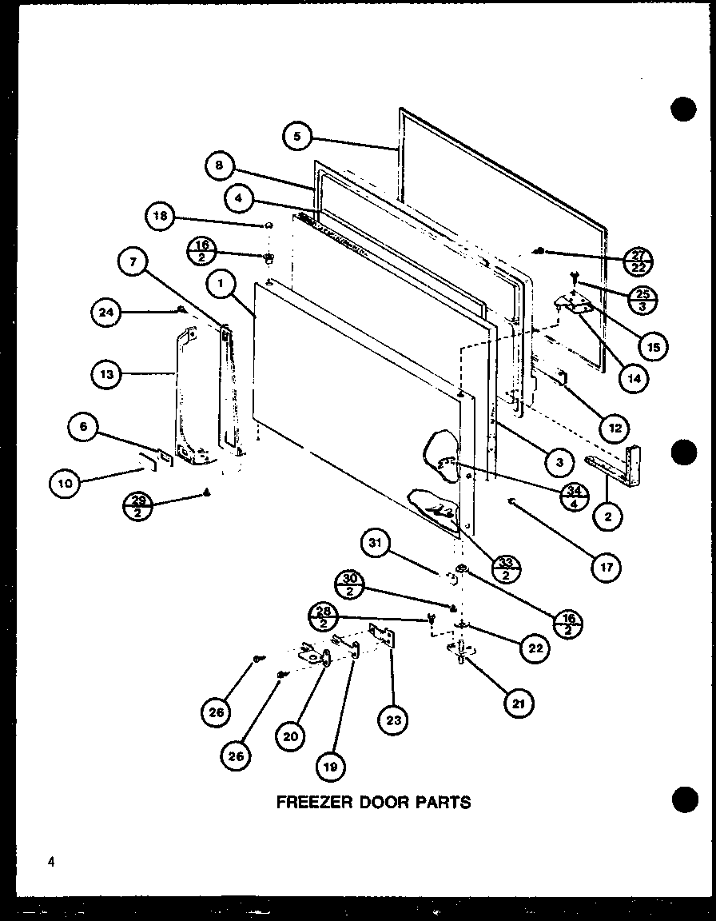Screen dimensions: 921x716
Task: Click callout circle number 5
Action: click(x=297, y=136)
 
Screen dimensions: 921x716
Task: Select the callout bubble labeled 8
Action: click(x=219, y=166)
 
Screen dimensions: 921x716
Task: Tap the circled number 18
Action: click(x=161, y=215)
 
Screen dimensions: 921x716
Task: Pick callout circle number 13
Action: click(x=107, y=373)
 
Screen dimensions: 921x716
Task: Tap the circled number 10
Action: click(x=66, y=482)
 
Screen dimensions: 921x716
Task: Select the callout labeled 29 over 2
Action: click(x=137, y=507)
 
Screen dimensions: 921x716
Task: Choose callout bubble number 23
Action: click(x=393, y=720)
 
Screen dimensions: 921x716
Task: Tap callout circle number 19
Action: click(x=330, y=765)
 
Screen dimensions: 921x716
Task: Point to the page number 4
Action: click(x=50, y=861)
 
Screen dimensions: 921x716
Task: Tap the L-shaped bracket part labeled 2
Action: click(x=623, y=468)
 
